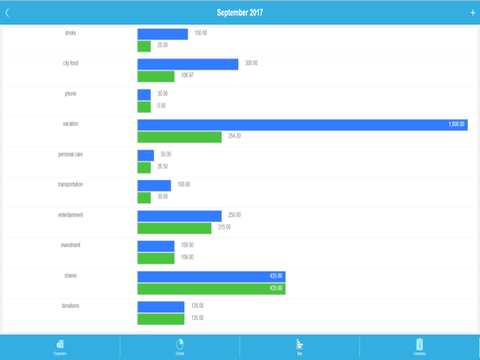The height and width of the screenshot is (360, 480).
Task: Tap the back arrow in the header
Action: tap(8, 13)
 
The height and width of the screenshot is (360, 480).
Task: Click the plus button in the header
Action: tap(472, 13)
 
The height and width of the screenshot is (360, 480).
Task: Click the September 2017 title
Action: tap(240, 13)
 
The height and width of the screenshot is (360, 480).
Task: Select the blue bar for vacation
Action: tap(302, 124)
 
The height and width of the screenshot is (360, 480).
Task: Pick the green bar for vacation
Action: tap(179, 137)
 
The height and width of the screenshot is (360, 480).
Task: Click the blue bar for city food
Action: tap(188, 63)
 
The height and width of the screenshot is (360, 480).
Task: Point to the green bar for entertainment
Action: tap(174, 228)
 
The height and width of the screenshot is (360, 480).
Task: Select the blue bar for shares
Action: tap(211, 277)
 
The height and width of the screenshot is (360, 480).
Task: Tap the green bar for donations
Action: tap(161, 318)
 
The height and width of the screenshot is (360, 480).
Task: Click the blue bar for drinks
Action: tap(163, 34)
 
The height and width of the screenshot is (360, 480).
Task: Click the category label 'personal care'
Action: tap(70, 154)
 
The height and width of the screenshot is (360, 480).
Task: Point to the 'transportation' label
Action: tap(70, 184)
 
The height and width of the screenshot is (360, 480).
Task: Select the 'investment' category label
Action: tap(70, 245)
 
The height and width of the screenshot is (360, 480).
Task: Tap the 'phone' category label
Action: tap(70, 93)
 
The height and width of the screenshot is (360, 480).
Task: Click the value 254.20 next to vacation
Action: tap(235, 137)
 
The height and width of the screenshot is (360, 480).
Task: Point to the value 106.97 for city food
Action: tap(188, 76)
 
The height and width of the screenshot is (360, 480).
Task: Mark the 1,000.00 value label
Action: tap(457, 124)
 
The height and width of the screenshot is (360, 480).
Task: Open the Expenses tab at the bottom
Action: tap(60, 347)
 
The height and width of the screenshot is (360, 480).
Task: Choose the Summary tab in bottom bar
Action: tap(419, 347)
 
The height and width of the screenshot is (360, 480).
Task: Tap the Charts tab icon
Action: tap(180, 344)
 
